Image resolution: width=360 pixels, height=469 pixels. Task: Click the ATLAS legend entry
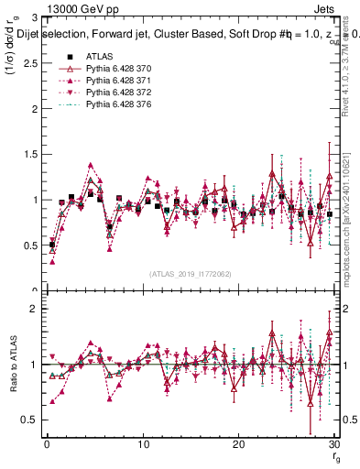(x=98, y=55)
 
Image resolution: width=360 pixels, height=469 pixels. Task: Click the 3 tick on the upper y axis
(x=34, y=17)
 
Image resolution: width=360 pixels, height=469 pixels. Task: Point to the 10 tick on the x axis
(x=143, y=444)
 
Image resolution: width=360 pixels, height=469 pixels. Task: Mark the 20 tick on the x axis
(x=238, y=444)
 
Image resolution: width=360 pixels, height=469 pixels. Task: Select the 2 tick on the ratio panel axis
(x=34, y=309)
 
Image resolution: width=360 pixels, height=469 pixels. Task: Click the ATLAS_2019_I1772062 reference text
(x=190, y=274)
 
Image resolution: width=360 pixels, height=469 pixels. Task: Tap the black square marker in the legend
(x=70, y=55)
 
